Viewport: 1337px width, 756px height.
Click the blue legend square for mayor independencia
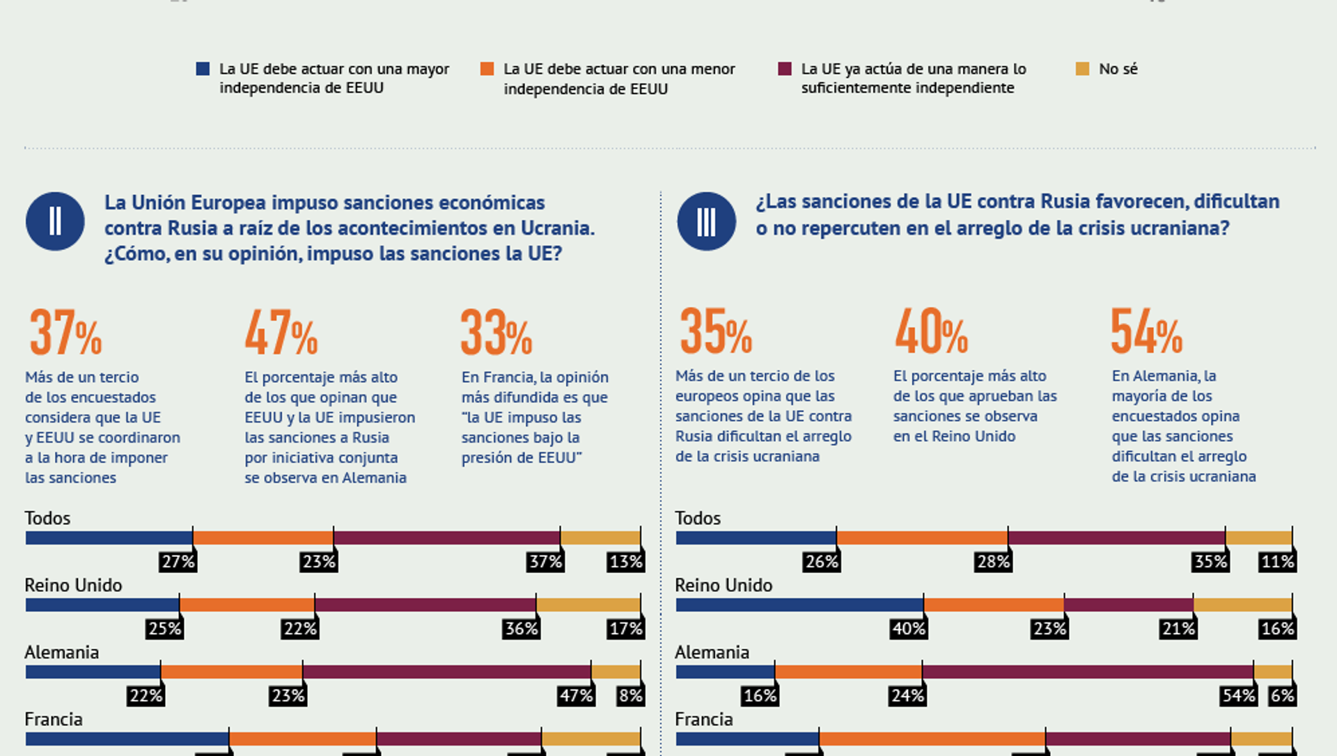tap(203, 69)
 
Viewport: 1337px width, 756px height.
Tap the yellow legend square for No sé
tap(1082, 69)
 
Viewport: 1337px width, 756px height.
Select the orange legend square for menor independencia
tap(487, 69)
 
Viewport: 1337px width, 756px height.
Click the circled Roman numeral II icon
tap(55, 221)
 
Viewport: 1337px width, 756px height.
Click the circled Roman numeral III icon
tap(706, 221)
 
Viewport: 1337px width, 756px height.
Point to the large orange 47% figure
tap(281, 333)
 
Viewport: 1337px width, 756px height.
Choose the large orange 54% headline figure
tap(1146, 332)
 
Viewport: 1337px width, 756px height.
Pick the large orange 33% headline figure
tap(496, 333)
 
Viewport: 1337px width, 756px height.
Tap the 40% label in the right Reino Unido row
tap(909, 629)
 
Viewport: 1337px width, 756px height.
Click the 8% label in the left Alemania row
tap(630, 695)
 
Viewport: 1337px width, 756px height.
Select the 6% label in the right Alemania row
tap(1282, 695)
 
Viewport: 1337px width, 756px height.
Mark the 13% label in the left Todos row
tap(625, 562)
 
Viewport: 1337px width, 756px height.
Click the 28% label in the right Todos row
tap(993, 562)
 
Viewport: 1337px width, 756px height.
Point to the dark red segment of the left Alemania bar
tap(446, 672)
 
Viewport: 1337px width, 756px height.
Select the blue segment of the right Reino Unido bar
tap(799, 605)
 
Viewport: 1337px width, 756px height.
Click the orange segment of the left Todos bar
tap(263, 538)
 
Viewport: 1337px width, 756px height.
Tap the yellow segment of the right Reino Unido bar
tap(1242, 605)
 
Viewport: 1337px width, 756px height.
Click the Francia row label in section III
tap(703, 719)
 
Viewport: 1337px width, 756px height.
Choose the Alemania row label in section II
tap(61, 652)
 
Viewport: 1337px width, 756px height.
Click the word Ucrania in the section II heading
tap(557, 228)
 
